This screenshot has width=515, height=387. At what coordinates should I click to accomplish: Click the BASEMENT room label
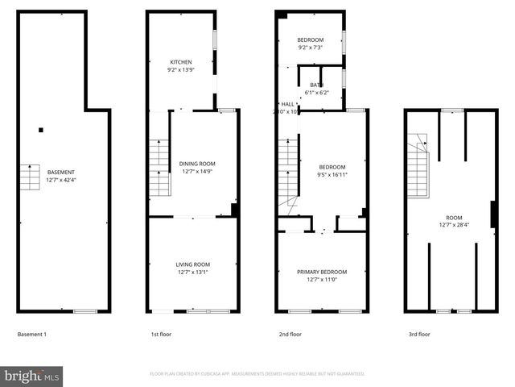tap(61, 172)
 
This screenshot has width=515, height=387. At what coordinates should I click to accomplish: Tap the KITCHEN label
tap(180, 62)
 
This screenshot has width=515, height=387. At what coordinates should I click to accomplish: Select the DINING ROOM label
tap(197, 164)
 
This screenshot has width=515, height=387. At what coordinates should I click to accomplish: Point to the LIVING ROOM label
tap(193, 264)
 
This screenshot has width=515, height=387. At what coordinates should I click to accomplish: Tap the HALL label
tap(287, 104)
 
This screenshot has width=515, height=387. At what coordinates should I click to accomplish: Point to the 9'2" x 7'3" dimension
tap(310, 48)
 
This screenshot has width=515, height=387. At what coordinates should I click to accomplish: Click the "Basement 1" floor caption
tap(32, 334)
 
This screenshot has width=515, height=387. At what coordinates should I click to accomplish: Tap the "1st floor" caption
tap(161, 334)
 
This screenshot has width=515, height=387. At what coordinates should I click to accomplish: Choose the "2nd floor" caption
tap(290, 334)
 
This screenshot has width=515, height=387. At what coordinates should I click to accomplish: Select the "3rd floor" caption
tap(419, 334)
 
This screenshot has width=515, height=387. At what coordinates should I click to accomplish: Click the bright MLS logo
tap(32, 375)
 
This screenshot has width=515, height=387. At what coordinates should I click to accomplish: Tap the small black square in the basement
tap(41, 130)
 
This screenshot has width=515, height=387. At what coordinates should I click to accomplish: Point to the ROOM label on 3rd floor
tap(455, 218)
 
